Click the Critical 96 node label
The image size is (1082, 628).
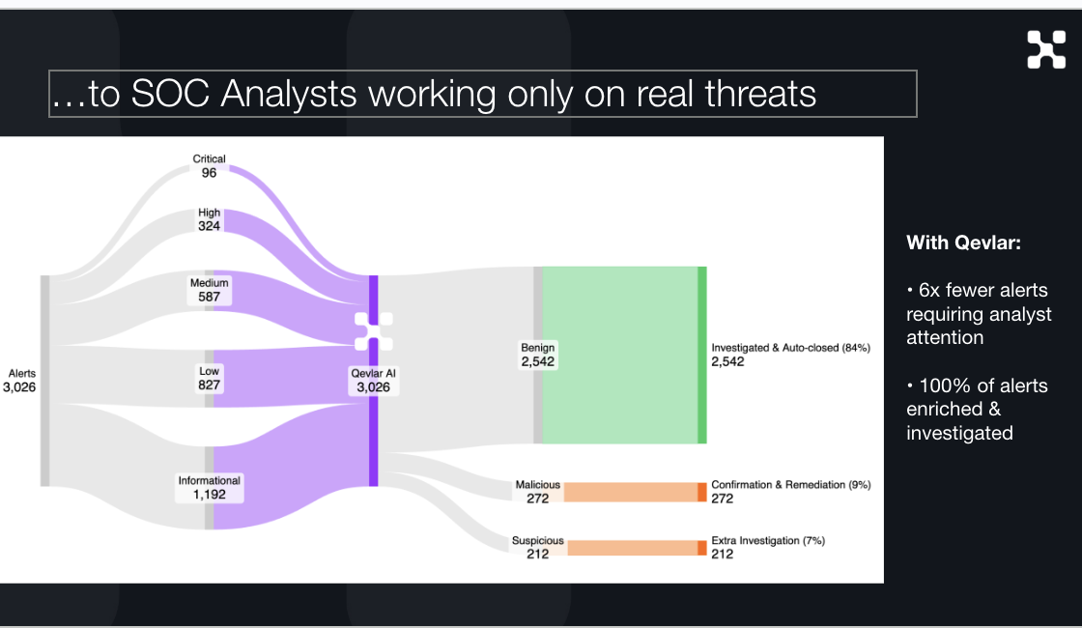(x=210, y=166)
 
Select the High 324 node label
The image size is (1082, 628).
(x=210, y=219)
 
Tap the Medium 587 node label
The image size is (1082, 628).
(x=210, y=290)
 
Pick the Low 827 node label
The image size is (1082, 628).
(x=210, y=378)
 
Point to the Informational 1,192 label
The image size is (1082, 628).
(x=210, y=487)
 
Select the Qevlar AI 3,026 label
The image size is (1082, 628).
(x=373, y=380)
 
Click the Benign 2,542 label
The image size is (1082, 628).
(x=538, y=355)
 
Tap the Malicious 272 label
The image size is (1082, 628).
(x=537, y=492)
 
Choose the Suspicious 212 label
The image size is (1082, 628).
(x=538, y=548)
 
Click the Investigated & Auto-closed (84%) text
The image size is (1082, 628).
(x=790, y=348)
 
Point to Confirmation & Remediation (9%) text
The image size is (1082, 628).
(x=790, y=485)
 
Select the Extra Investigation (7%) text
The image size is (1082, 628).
(x=768, y=541)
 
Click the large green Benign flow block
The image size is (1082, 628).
(x=619, y=355)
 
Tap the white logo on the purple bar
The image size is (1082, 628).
(x=373, y=331)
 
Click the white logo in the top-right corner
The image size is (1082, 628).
(x=1046, y=50)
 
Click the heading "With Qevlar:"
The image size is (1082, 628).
(x=963, y=243)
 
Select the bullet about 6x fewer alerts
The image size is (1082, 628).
(x=978, y=314)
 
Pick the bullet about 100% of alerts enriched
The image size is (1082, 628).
(x=976, y=410)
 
